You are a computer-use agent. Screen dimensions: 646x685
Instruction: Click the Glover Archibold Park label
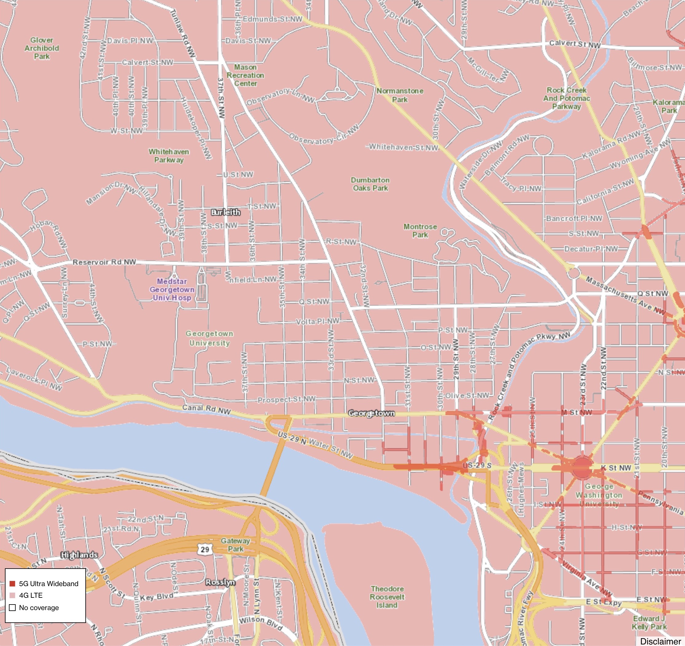42,48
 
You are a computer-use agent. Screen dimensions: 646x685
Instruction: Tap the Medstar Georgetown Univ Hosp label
172,290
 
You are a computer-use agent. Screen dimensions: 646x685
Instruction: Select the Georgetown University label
209,338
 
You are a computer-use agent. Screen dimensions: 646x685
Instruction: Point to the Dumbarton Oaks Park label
370,184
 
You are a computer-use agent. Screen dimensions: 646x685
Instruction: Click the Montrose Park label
420,231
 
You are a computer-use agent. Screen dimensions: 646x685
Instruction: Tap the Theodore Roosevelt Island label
387,597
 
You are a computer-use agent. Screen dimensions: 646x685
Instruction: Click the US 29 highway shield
205,549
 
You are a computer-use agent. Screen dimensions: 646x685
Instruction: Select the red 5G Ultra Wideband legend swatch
12,584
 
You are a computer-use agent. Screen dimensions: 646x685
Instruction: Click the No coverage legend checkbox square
12,607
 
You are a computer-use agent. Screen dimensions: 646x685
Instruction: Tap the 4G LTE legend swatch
12,595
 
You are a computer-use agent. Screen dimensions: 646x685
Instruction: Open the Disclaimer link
660,641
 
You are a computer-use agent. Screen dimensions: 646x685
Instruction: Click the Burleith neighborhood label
225,212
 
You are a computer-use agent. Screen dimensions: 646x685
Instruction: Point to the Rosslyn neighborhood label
220,582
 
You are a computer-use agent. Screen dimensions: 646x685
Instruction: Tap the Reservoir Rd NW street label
104,262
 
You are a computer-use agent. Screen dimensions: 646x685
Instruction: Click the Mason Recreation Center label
245,75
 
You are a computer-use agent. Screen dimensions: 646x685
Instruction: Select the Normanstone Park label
400,95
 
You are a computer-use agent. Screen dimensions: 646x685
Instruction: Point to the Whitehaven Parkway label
169,156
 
